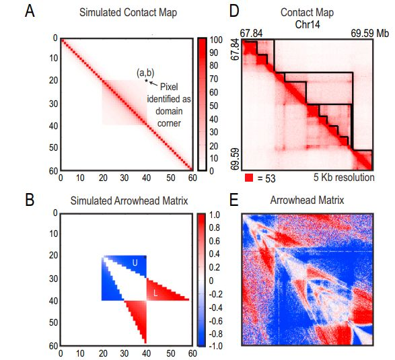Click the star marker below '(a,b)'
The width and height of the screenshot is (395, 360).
point(145,81)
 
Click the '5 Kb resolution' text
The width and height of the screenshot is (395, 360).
point(343,178)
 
